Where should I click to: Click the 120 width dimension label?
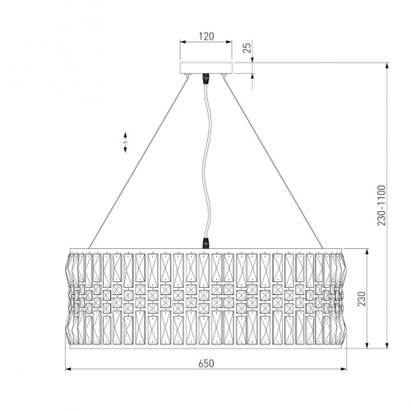[x=206, y=36]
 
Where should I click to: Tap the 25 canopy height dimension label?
[x=247, y=48]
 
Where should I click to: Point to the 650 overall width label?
[x=206, y=363]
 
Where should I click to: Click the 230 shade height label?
[x=362, y=298]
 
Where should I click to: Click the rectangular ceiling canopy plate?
[x=206, y=68]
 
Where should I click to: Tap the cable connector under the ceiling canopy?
[x=205, y=78]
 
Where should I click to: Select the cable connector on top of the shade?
[x=205, y=243]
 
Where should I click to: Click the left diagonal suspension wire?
[x=138, y=163]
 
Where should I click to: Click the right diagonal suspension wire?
[x=273, y=163]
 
